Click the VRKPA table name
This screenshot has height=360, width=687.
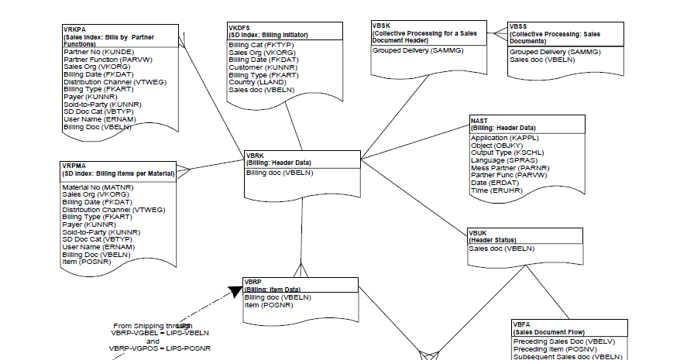pyautogui.click(x=74, y=29)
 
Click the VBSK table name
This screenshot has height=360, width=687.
pyautogui.click(x=383, y=26)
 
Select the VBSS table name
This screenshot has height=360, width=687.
pyautogui.click(x=519, y=26)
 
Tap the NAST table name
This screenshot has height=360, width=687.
pyautogui.click(x=479, y=121)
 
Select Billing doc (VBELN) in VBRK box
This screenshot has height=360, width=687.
pyautogui.click(x=279, y=173)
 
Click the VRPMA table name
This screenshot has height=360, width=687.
pyautogui.click(x=74, y=166)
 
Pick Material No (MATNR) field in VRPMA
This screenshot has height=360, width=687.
pyautogui.click(x=98, y=187)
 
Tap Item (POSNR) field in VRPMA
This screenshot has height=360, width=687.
pyautogui.click(x=87, y=262)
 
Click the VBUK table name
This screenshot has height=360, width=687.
pyautogui.click(x=478, y=232)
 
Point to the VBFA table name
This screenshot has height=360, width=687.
pyautogui.click(x=522, y=324)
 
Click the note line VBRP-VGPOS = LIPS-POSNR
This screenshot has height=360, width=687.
pyautogui.click(x=159, y=348)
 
